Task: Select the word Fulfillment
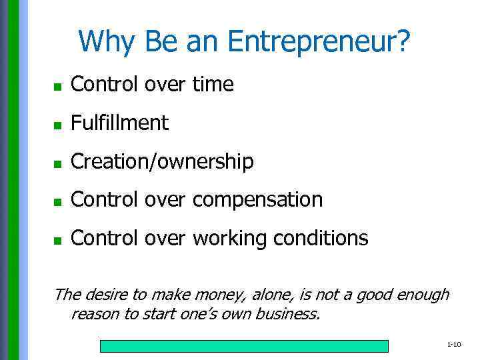coord(119,123)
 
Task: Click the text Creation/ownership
coord(162,161)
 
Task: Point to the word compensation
coord(257,199)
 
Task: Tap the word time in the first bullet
coord(213,85)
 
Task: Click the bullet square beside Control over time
coord(58,86)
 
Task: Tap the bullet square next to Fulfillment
coord(58,125)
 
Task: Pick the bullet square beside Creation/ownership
coord(58,163)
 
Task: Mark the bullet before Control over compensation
coord(58,201)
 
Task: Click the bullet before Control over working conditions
coord(58,239)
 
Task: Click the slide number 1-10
coord(454,345)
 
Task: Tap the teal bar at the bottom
coord(244,346)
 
